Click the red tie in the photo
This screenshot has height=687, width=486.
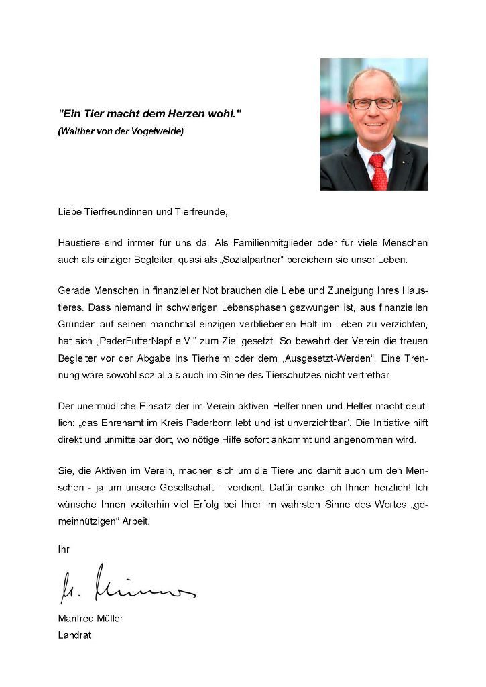point(378,171)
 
